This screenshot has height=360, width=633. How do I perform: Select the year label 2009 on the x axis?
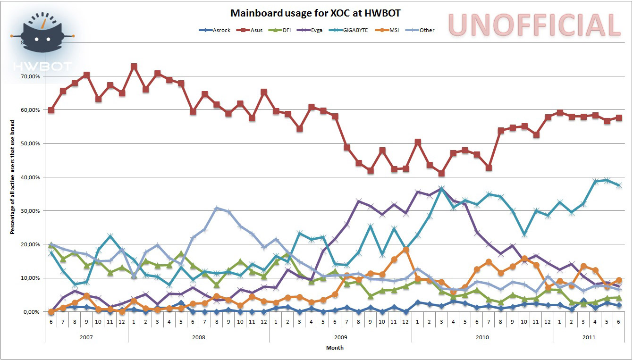pos(341,337)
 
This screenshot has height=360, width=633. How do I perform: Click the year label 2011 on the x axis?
pos(589,337)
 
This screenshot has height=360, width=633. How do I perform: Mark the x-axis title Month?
pos(335,348)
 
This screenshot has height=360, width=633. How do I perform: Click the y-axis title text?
pos(13,177)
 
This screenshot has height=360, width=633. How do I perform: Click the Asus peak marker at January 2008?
pos(134,67)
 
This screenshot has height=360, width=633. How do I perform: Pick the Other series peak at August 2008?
pos(217,208)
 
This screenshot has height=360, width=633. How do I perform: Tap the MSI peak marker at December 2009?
pos(405,250)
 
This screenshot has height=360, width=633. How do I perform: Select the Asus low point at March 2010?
pos(441,173)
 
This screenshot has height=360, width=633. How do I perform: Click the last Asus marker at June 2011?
pos(619,117)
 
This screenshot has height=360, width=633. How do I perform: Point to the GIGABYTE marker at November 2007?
pos(110,236)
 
